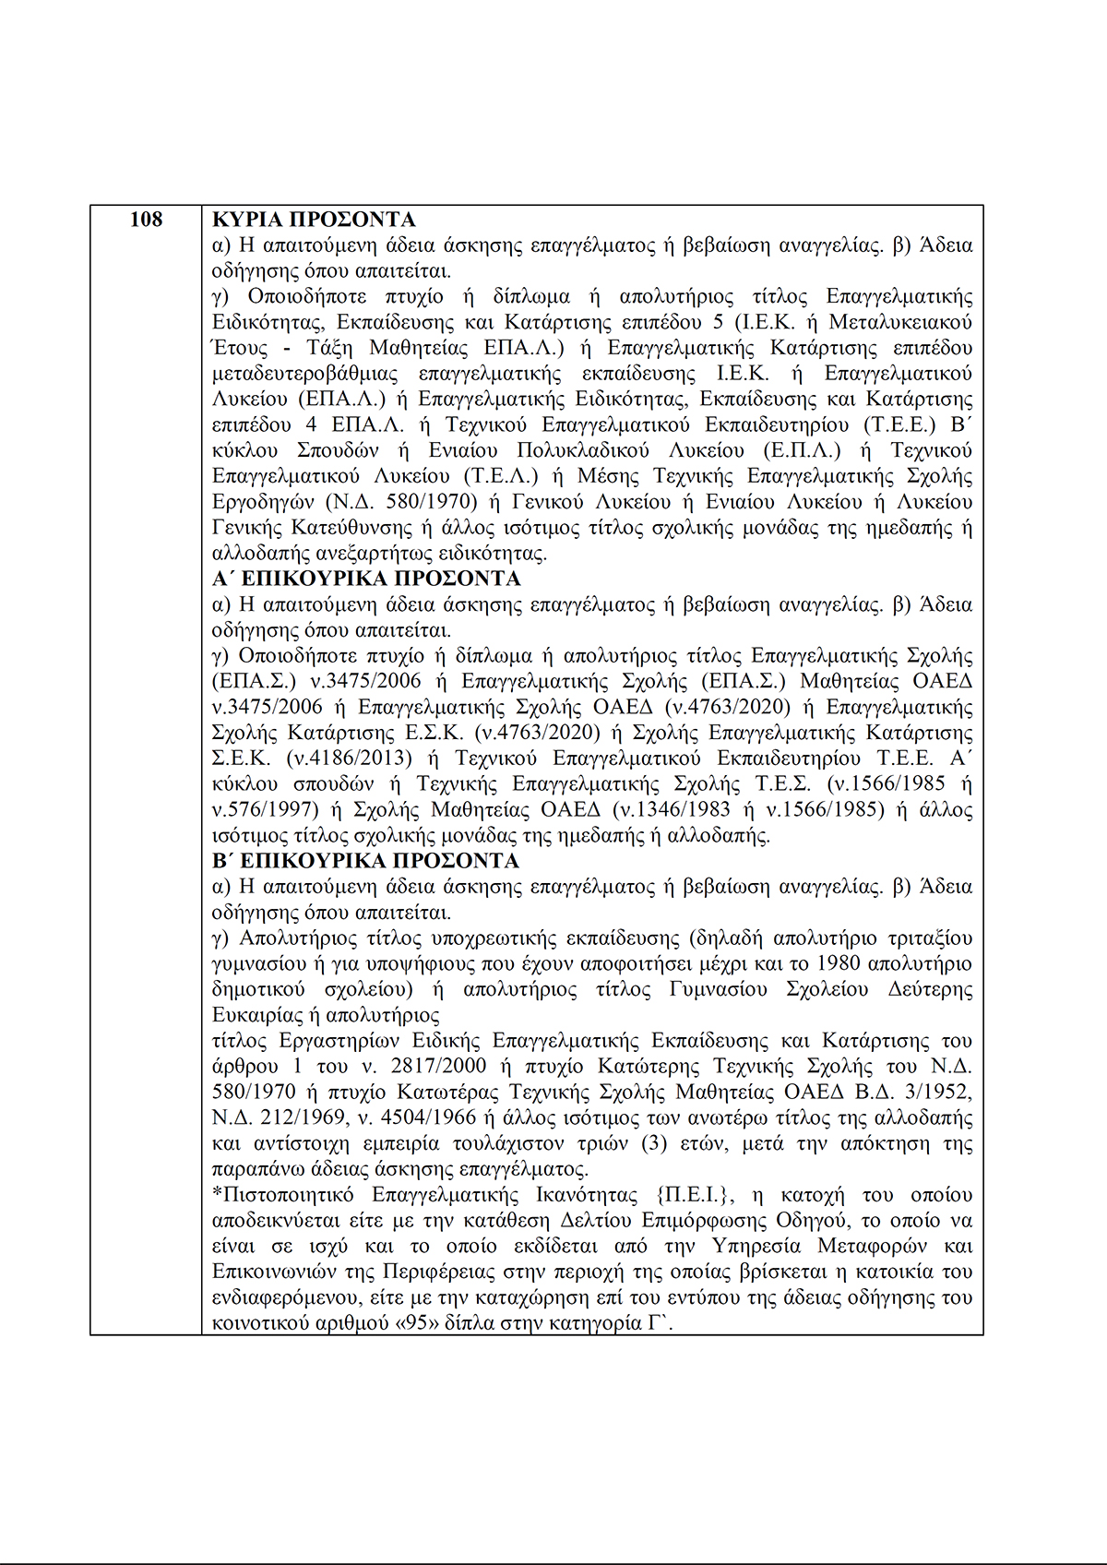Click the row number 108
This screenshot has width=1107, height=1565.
click(146, 220)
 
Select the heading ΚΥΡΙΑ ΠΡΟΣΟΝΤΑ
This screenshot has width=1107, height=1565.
click(314, 220)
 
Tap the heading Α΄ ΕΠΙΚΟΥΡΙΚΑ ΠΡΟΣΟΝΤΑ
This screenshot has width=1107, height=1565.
click(366, 579)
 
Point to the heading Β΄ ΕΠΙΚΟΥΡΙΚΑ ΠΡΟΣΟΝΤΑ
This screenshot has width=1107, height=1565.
click(365, 861)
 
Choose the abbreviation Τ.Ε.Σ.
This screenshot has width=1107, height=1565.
click(783, 784)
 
